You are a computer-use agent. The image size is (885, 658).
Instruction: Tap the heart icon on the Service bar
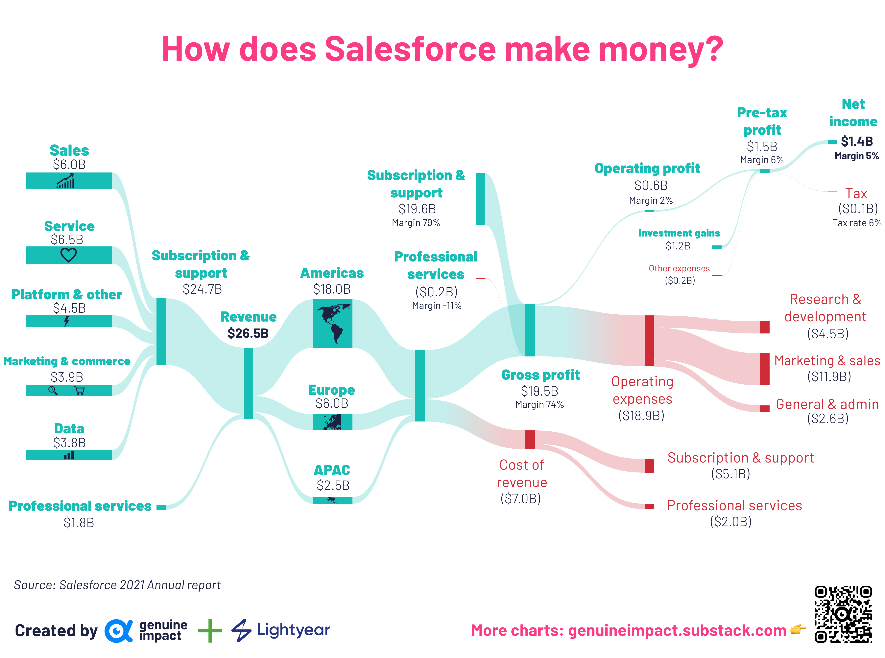(69, 255)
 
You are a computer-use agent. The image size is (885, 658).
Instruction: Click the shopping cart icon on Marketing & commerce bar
(80, 391)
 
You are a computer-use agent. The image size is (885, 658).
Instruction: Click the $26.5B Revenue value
(248, 333)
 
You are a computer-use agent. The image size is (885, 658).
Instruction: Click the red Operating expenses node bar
(649, 341)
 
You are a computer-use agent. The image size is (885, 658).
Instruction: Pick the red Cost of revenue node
(530, 439)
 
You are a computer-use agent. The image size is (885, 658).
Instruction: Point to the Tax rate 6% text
(857, 223)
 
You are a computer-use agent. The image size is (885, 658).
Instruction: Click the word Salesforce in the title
(410, 49)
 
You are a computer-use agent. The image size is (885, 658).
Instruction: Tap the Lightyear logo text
(293, 630)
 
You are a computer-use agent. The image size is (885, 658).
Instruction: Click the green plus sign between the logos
(210, 630)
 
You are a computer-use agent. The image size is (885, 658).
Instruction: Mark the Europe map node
(333, 422)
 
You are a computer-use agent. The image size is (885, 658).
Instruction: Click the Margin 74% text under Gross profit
(539, 405)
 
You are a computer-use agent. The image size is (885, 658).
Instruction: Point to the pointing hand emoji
(798, 629)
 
